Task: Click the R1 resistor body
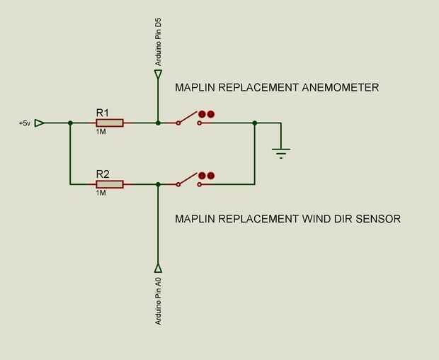[x=110, y=123]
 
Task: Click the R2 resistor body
[x=110, y=184]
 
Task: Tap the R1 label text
[x=103, y=112]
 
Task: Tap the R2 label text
[x=103, y=174]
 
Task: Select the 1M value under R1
[x=101, y=131]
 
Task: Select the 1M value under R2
[x=101, y=193]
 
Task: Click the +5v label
[x=25, y=123]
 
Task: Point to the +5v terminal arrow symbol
[x=40, y=123]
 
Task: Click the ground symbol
[x=281, y=151]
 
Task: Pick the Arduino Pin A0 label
[x=158, y=302]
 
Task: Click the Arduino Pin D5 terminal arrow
[x=158, y=74]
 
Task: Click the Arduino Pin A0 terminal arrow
[x=158, y=268]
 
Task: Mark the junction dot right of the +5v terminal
[x=70, y=123]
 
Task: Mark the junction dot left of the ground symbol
[x=254, y=123]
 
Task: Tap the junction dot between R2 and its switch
[x=158, y=184]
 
